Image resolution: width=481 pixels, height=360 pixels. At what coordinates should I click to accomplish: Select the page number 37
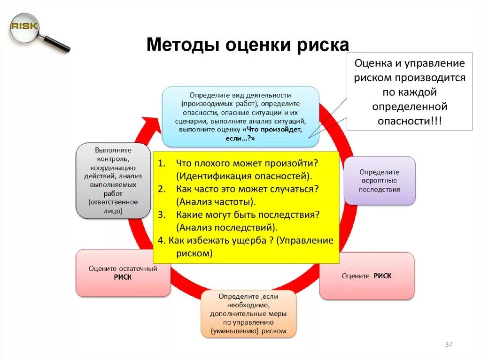(x=449, y=345)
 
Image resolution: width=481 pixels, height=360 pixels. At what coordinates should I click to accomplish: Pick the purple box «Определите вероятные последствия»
(x=380, y=181)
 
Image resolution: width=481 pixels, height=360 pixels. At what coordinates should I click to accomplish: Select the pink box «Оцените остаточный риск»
(x=123, y=273)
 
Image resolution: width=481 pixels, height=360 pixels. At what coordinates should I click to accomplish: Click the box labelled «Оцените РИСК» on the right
(x=366, y=276)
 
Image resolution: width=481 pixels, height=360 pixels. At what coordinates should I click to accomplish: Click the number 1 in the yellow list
(x=161, y=163)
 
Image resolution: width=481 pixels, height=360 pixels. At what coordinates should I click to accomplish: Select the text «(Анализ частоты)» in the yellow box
(x=216, y=202)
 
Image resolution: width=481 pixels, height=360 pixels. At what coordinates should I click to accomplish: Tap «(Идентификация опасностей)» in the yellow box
(x=244, y=176)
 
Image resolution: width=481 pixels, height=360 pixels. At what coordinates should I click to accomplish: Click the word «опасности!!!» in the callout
(x=409, y=121)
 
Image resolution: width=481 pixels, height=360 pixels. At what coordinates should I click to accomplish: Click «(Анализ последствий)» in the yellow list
(x=227, y=228)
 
